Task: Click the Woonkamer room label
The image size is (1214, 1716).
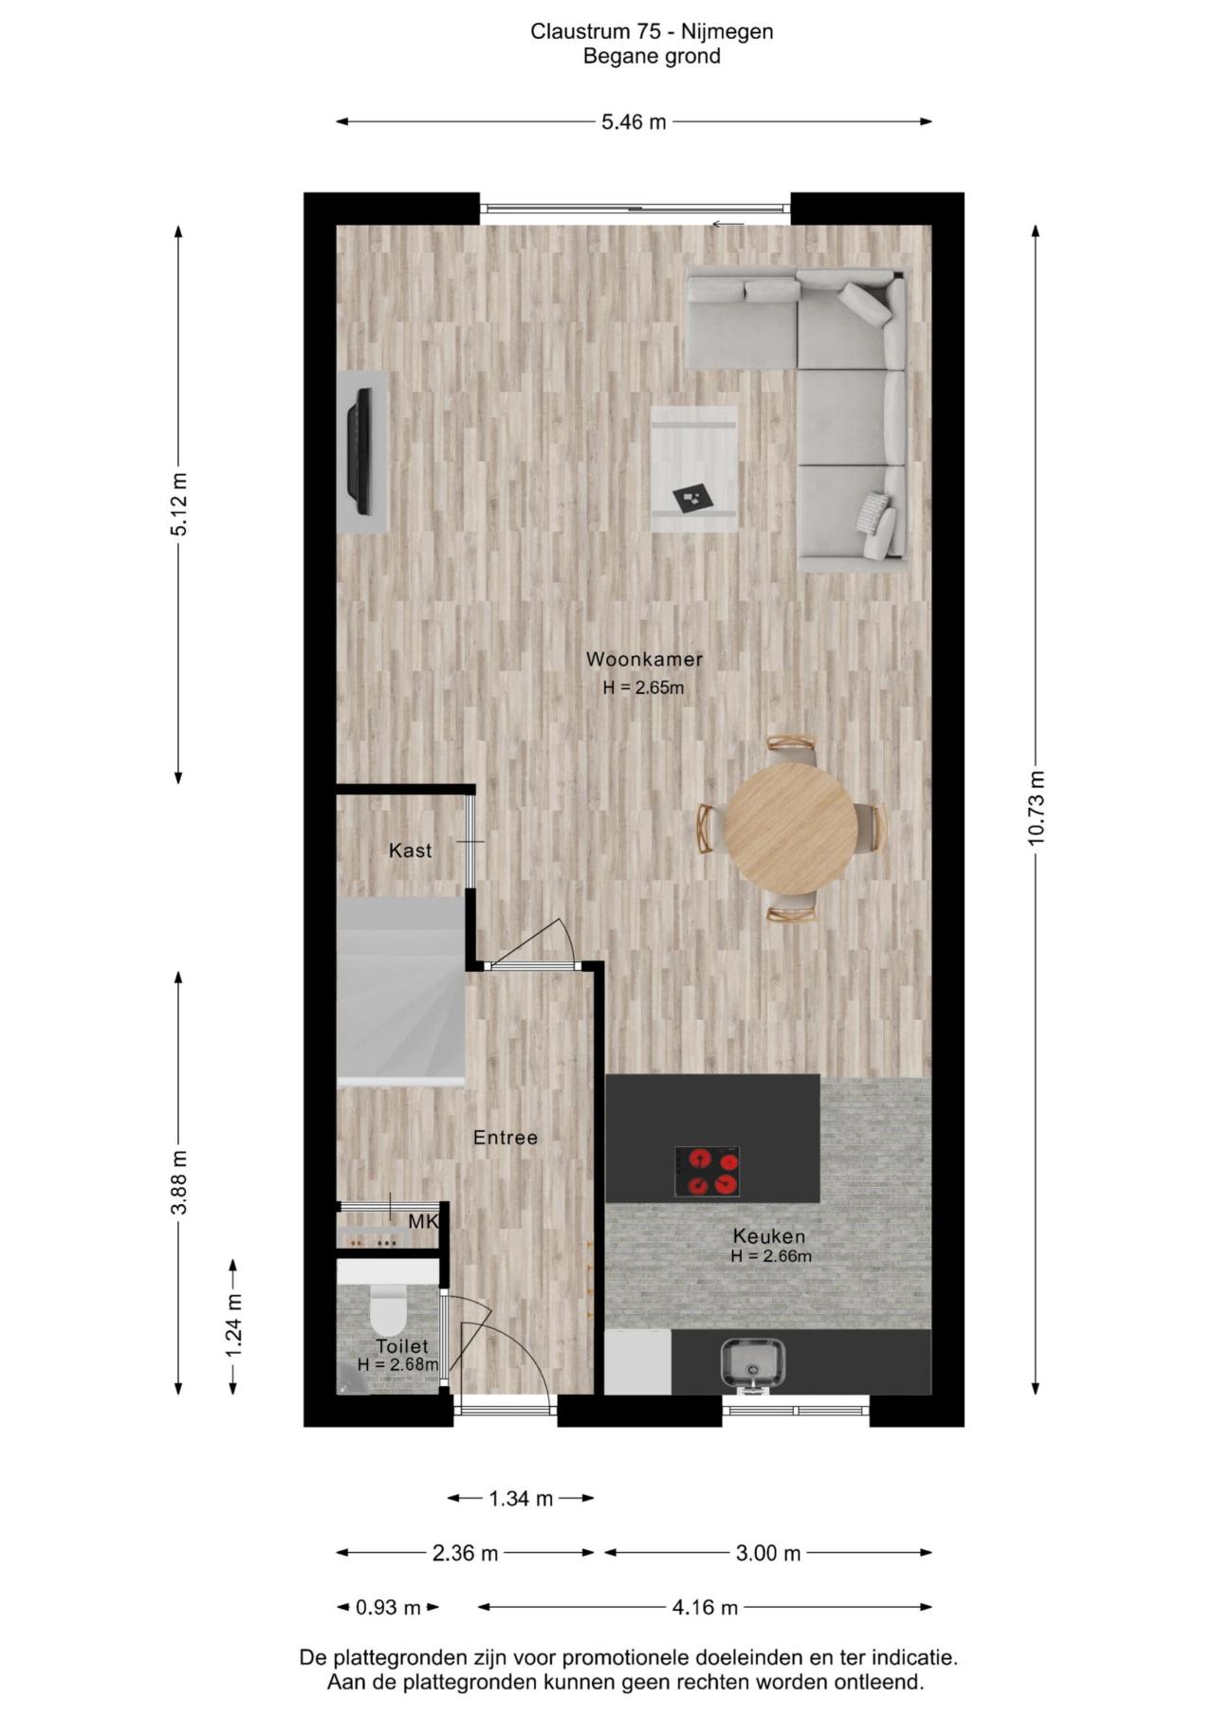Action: pyautogui.click(x=644, y=659)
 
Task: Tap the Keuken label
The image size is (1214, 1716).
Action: pyautogui.click(x=769, y=1236)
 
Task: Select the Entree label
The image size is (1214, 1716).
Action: pyautogui.click(x=506, y=1138)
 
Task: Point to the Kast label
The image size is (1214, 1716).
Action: pyautogui.click(x=411, y=850)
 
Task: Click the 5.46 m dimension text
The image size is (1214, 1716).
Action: pyautogui.click(x=634, y=121)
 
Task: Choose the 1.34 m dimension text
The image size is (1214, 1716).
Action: pyautogui.click(x=521, y=1499)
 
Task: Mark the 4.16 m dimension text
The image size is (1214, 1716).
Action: pyautogui.click(x=705, y=1607)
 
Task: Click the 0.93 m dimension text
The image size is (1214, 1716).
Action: pyautogui.click(x=389, y=1607)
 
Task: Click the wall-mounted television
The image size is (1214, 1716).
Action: pyautogui.click(x=359, y=451)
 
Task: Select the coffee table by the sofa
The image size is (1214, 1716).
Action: pyautogui.click(x=694, y=468)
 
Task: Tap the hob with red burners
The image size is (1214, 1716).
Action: pyautogui.click(x=707, y=1172)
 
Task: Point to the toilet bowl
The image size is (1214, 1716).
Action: pyautogui.click(x=387, y=1309)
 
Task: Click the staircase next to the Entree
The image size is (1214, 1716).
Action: pyautogui.click(x=401, y=991)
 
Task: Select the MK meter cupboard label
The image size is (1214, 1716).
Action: pyautogui.click(x=423, y=1222)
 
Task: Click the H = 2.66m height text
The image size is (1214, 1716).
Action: pyautogui.click(x=771, y=1257)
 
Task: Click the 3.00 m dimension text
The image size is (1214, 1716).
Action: pyautogui.click(x=768, y=1553)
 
